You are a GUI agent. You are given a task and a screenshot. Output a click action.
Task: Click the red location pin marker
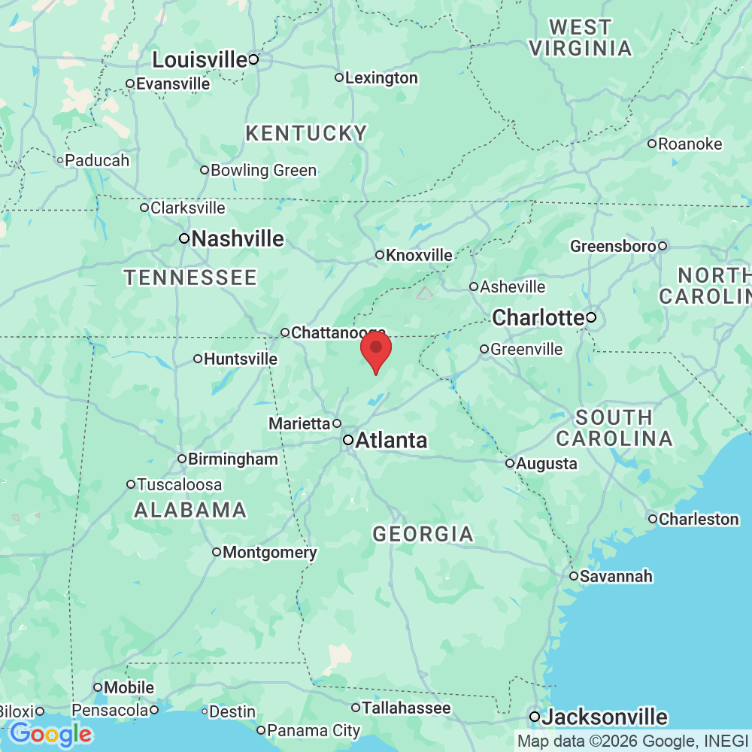(376, 350)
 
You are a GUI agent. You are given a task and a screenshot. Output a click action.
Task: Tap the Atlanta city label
(391, 441)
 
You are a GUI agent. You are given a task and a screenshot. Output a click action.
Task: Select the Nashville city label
(238, 239)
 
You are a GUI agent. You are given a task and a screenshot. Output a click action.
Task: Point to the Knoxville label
(419, 256)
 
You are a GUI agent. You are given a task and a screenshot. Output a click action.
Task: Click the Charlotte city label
(538, 318)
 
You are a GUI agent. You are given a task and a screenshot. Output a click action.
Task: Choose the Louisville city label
(200, 59)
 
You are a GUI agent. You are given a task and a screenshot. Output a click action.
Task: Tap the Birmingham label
(232, 459)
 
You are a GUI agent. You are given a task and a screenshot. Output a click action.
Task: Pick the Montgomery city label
(269, 553)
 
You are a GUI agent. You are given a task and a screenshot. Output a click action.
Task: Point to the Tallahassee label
(406, 708)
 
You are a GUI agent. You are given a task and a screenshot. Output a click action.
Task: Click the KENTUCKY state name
(306, 134)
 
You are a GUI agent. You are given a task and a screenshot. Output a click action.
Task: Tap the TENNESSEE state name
(190, 278)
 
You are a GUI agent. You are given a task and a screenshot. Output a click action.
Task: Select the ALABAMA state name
(190, 511)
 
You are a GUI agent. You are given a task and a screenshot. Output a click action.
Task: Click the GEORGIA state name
(423, 535)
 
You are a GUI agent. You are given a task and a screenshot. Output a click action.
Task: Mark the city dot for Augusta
(510, 463)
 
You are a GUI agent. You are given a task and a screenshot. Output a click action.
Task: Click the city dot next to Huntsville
(198, 359)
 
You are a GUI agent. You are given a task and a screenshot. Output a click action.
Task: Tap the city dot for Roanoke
(652, 144)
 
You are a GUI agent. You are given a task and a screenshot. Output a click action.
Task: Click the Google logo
(50, 733)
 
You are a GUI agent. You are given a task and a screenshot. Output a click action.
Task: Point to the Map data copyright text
(632, 741)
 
